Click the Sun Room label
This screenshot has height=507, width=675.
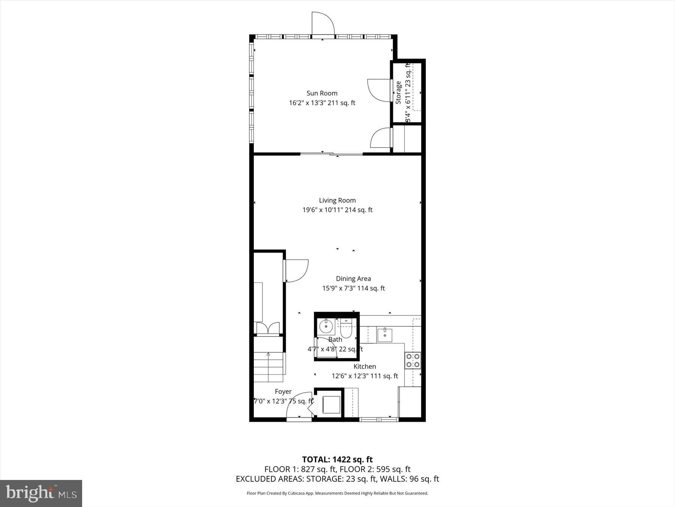tap(322, 93)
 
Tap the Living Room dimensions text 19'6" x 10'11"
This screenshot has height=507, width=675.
tap(323, 210)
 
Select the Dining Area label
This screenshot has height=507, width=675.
tap(353, 279)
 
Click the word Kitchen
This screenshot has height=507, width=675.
tap(364, 367)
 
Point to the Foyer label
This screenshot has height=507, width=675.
tap(283, 391)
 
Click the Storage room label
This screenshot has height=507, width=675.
tap(398, 92)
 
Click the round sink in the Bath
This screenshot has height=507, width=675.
tap(326, 327)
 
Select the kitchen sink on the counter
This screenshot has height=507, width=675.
tap(385, 334)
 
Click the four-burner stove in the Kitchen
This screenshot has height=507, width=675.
tap(412, 360)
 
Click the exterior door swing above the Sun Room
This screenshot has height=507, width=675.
tap(322, 24)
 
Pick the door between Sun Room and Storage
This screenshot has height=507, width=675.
tap(379, 90)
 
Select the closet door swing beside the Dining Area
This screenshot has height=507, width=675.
tap(296, 270)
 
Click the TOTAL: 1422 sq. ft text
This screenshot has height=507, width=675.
tap(337, 459)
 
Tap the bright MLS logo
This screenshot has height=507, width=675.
tap(41, 493)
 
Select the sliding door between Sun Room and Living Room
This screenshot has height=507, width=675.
tap(331, 154)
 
